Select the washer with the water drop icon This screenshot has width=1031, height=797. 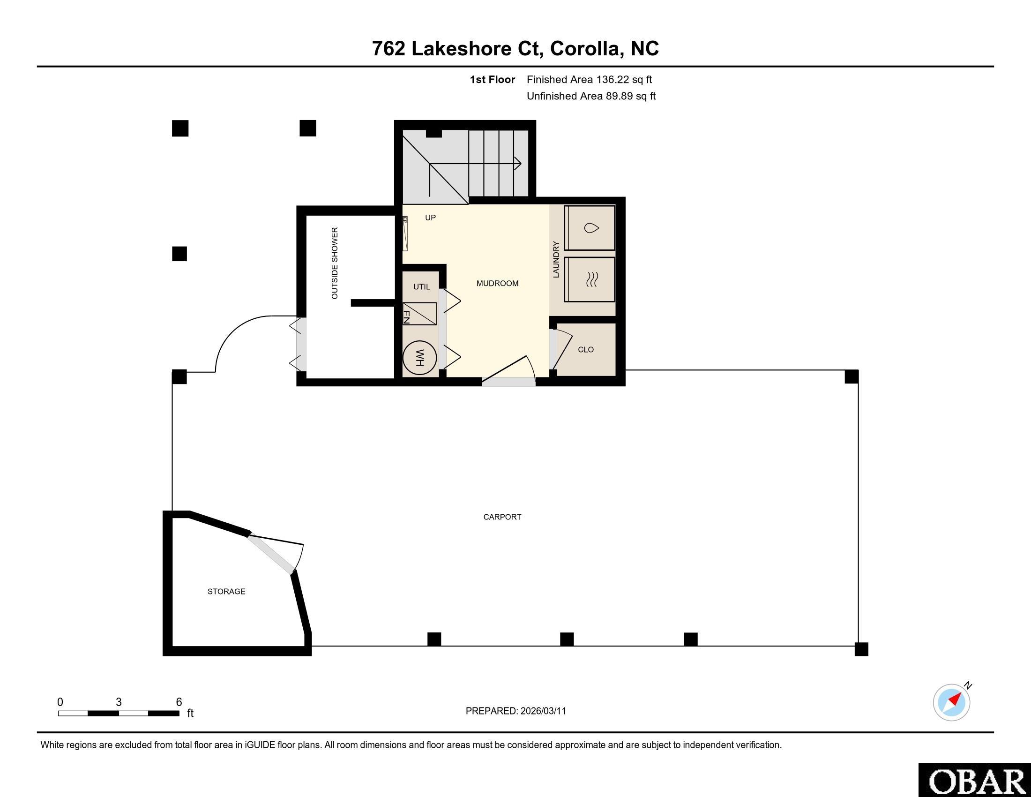[590, 228]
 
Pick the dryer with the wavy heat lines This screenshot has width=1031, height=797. [590, 279]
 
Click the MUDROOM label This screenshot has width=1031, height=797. [497, 283]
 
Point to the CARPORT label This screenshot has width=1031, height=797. [502, 517]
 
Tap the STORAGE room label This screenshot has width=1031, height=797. [227, 592]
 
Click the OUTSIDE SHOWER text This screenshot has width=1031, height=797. [335, 263]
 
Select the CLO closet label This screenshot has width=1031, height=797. [586, 349]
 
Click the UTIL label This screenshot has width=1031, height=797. [422, 286]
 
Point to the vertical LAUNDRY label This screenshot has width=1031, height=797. [556, 260]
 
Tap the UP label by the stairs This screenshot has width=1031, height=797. [430, 218]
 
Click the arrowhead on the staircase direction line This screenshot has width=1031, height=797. [518, 164]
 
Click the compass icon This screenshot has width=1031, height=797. [952, 702]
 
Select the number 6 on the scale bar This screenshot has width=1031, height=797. [179, 702]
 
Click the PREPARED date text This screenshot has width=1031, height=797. [515, 711]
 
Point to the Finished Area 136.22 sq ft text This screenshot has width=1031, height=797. [589, 80]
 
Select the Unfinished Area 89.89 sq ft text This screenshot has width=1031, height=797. [591, 96]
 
